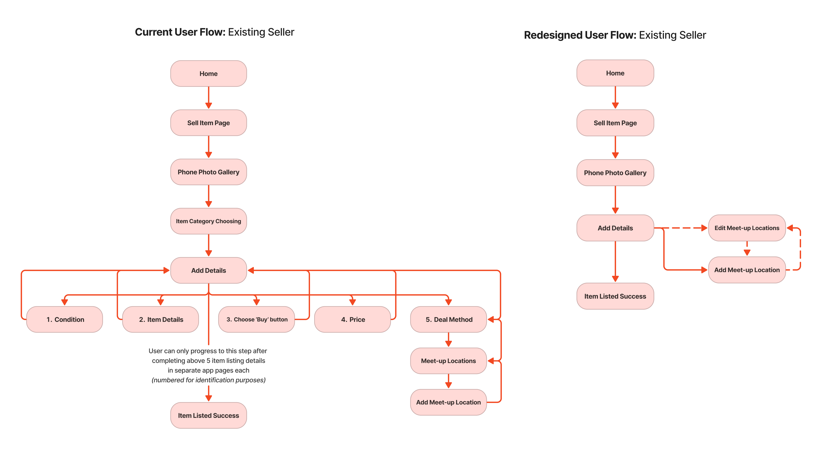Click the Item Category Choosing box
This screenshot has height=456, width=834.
pyautogui.click(x=208, y=221)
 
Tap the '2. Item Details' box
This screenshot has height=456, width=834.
pyautogui.click(x=161, y=319)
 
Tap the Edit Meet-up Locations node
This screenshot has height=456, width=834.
pyautogui.click(x=747, y=228)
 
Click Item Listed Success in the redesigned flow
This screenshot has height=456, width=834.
pyautogui.click(x=615, y=296)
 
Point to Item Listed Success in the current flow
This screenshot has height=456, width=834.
pyautogui.click(x=208, y=415)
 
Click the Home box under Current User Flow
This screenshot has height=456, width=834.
pyautogui.click(x=208, y=73)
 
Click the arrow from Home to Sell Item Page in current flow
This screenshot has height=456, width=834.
pyautogui.click(x=208, y=98)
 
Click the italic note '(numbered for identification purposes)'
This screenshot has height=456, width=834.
pyautogui.click(x=208, y=380)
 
